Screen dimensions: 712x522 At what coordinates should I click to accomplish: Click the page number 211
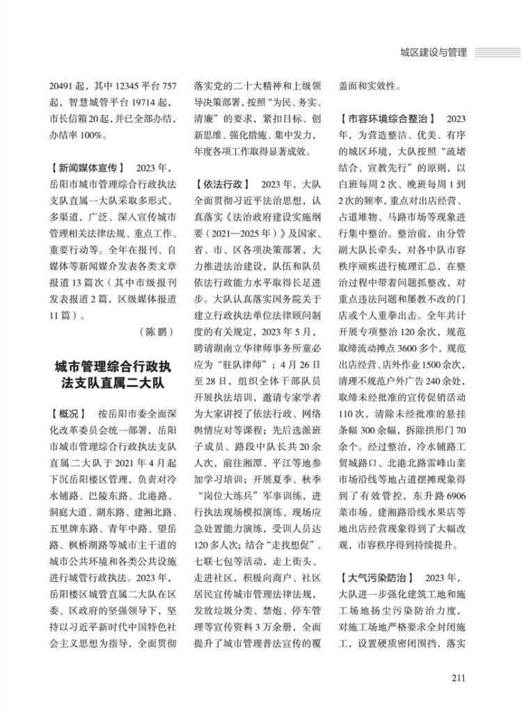457,679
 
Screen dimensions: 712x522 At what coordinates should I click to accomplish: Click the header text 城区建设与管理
430,51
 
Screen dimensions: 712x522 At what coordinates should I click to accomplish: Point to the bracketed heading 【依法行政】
221,184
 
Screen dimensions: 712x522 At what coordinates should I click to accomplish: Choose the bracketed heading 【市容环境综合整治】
383,119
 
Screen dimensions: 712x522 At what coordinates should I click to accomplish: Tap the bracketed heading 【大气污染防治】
376,576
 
